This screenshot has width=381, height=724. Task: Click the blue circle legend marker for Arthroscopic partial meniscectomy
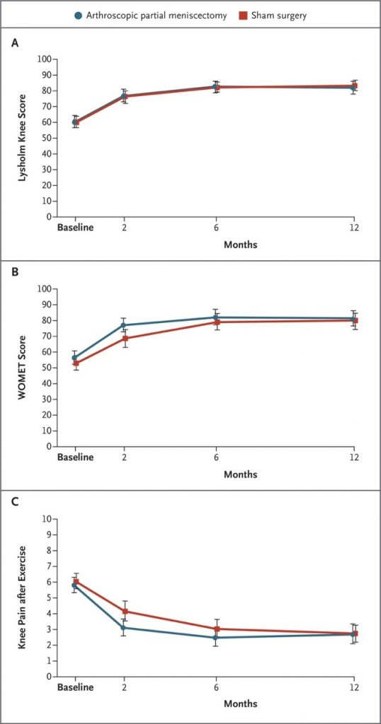[79, 16]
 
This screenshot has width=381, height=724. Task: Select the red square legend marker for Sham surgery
[243, 16]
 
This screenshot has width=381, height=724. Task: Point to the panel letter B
[16, 272]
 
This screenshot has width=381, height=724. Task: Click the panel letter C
[16, 502]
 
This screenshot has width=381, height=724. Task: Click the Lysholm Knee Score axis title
[22, 138]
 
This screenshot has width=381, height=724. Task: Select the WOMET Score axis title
[22, 368]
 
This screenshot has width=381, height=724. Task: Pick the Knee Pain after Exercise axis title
[22, 597]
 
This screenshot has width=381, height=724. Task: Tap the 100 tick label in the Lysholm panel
[45, 59]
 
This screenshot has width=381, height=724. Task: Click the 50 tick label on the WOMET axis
[47, 368]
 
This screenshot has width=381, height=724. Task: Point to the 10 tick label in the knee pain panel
[47, 518]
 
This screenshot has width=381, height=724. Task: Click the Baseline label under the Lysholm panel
[75, 228]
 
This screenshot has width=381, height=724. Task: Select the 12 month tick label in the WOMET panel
[354, 457]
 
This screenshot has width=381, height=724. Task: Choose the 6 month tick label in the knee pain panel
[216, 687]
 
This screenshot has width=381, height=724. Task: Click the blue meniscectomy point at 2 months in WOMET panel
[124, 325]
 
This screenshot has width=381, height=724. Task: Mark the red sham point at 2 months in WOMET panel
[124, 339]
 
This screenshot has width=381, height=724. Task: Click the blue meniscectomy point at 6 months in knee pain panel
[216, 638]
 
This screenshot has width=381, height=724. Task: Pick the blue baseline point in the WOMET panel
[75, 358]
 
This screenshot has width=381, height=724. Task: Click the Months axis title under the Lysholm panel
[241, 245]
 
